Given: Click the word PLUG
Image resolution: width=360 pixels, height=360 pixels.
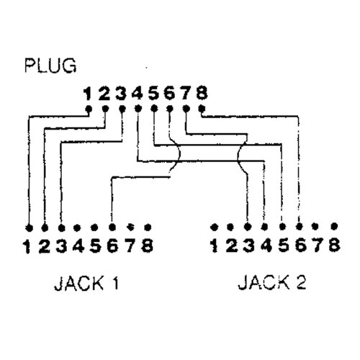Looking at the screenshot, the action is pos(50,66).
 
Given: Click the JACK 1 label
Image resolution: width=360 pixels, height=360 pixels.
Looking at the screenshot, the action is pos(86,283).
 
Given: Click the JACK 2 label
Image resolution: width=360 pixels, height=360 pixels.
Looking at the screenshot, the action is pos(272,282).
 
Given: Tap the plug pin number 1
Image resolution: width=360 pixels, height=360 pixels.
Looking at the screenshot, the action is pos(88,94).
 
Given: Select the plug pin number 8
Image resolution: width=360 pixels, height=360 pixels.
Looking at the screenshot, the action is pos(202,93).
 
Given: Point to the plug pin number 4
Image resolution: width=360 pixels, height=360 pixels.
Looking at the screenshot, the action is pos(138,93).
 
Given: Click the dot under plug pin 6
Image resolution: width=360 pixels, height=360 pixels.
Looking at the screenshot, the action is pos(170,109).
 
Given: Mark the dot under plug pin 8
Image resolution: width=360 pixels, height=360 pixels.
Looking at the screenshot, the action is pos(202,109).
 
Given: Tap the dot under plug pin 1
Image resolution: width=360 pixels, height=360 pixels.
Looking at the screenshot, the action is pos(89,109).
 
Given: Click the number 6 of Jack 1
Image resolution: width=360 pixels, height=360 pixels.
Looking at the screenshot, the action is pos(112,246).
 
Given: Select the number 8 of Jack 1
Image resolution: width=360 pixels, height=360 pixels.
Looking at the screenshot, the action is pos(148,246).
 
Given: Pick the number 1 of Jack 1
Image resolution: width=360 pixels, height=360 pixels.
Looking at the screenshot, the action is pos(27,247).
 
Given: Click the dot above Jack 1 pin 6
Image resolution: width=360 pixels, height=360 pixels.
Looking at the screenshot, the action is pos(112,227).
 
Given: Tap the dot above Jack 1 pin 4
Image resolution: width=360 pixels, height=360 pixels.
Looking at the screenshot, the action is pos(77,228).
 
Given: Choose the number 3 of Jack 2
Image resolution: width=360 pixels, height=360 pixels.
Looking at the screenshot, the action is pos(248,246).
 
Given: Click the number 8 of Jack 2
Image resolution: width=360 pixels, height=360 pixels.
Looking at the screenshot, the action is pos(334,245).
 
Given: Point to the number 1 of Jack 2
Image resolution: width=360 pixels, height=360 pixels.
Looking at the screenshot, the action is pos(214,246).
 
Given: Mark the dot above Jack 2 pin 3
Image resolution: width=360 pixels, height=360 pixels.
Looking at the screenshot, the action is pos(248,227).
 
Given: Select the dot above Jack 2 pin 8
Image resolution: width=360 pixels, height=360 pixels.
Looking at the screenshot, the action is pos(334,226).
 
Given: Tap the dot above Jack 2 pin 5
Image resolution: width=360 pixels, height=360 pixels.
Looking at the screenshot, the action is pos(283,226).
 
